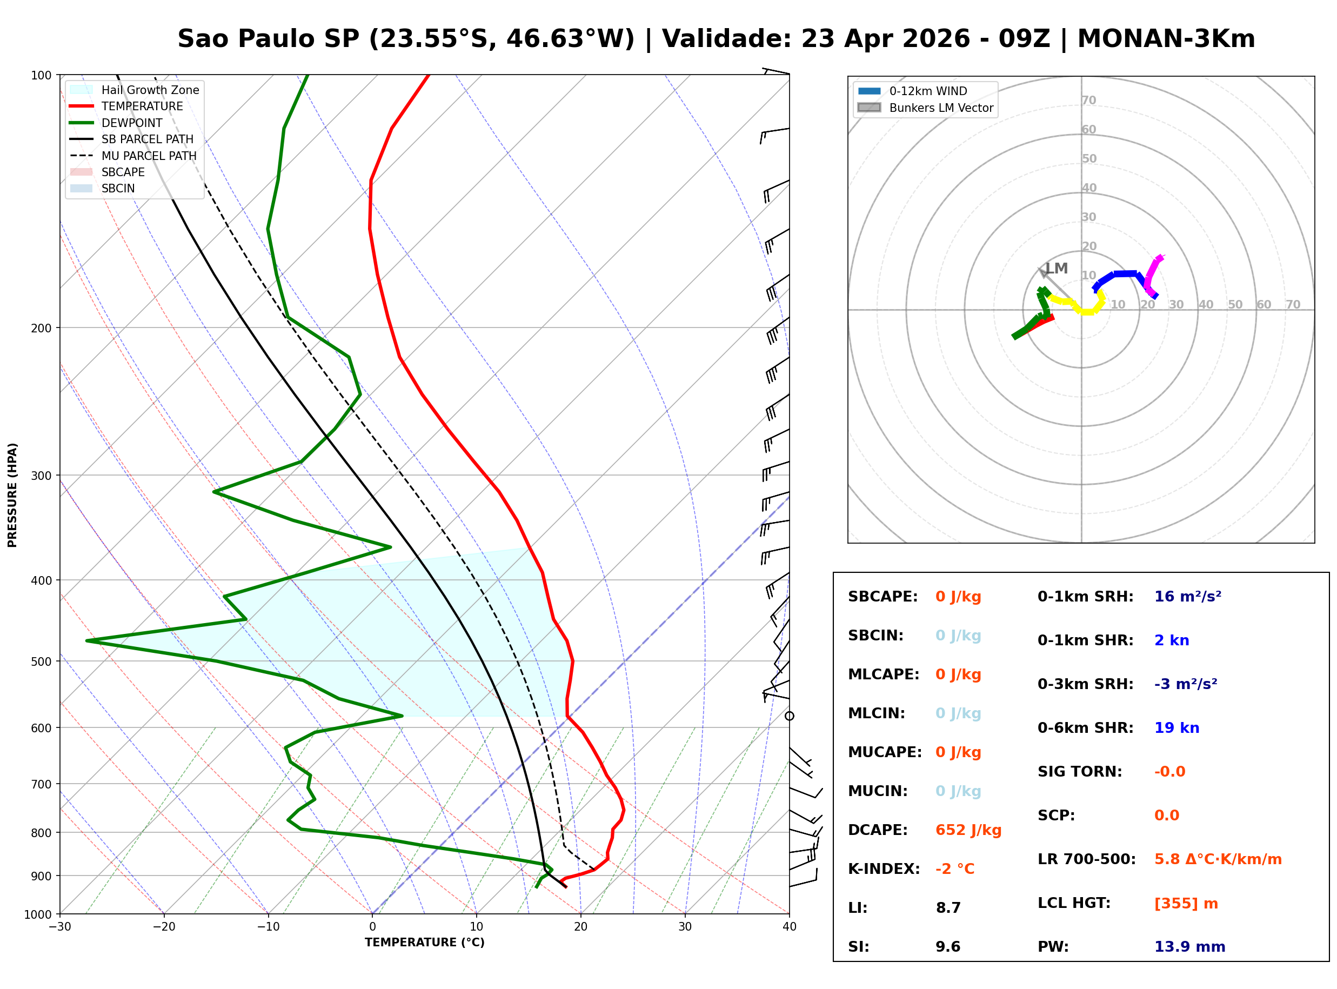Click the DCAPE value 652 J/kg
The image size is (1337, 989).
click(968, 830)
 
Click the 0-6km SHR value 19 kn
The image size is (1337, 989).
click(1176, 728)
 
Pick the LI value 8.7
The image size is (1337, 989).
click(948, 908)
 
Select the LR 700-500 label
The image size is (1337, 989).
click(1086, 860)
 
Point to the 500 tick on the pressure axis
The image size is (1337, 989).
click(42, 661)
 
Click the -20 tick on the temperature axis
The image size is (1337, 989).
click(164, 927)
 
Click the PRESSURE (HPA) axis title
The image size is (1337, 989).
click(12, 495)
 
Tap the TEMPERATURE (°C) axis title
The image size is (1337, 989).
click(424, 943)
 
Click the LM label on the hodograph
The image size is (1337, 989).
click(1057, 268)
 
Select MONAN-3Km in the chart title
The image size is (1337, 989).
click(1166, 39)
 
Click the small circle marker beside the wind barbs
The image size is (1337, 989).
click(790, 716)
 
